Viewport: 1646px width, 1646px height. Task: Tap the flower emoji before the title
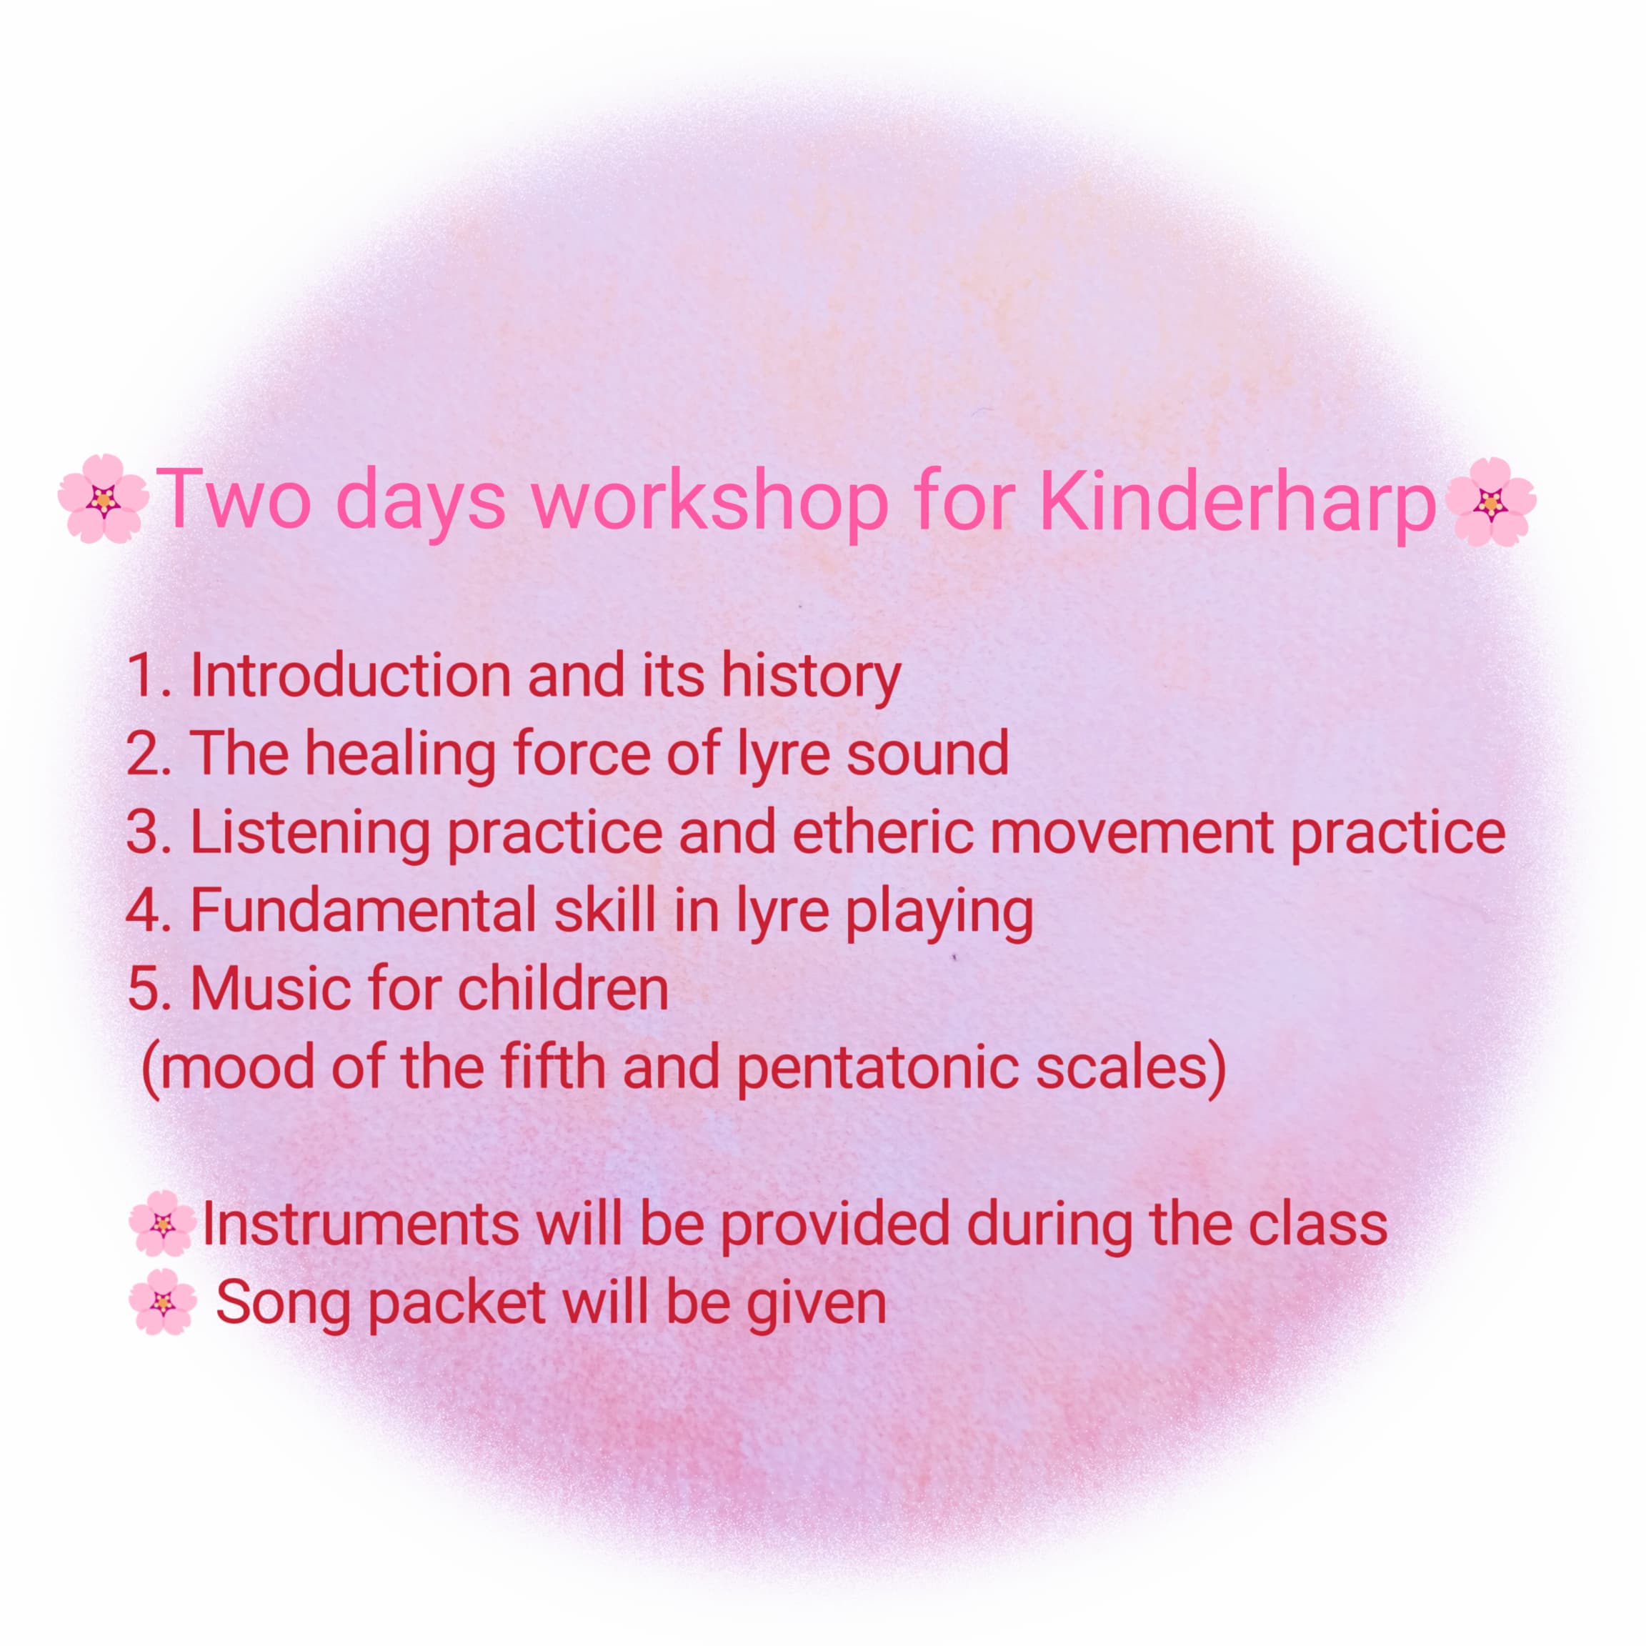104,499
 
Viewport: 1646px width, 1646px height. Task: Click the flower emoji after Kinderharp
1490,502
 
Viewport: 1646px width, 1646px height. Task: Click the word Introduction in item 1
350,676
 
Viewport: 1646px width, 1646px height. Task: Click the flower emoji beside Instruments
162,1224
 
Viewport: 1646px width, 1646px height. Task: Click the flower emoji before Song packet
162,1302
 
